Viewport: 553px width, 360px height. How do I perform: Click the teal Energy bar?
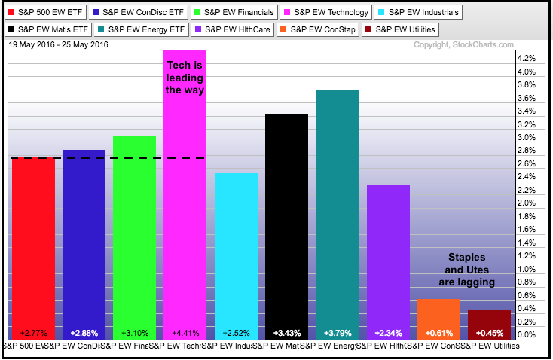coord(337,211)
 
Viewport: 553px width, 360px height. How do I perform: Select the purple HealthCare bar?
coord(388,256)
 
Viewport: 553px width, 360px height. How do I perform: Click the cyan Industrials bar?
coord(236,249)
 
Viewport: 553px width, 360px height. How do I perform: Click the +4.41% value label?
coord(185,332)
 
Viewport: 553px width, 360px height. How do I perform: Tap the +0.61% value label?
coord(438,332)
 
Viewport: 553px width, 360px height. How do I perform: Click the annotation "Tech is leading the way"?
coord(185,78)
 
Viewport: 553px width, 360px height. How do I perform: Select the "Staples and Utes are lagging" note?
coord(466,270)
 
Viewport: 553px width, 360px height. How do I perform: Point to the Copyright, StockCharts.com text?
coord(463,45)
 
